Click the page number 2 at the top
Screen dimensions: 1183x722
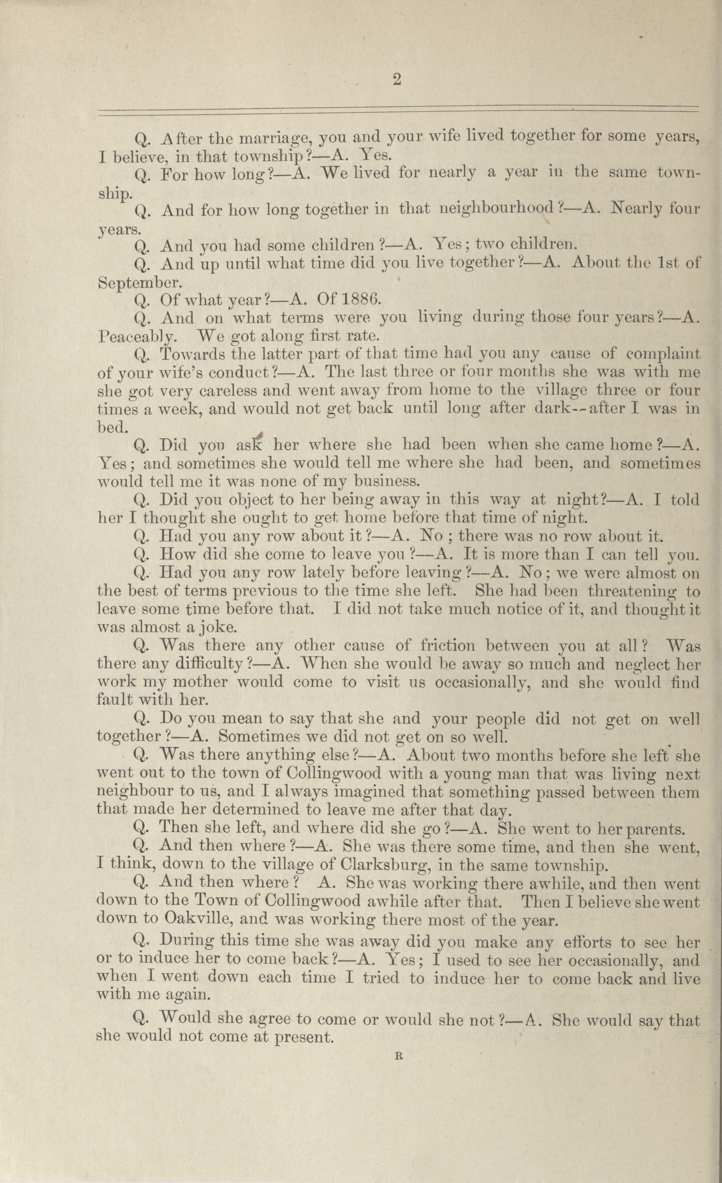point(396,80)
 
